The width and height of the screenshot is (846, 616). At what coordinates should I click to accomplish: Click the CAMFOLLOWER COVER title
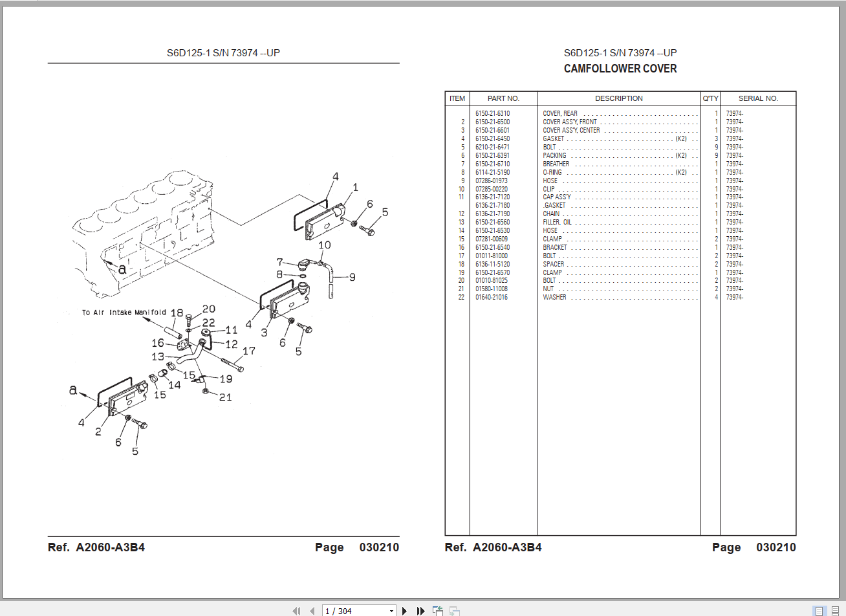[x=620, y=69]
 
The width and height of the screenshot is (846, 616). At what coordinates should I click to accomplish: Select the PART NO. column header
[x=503, y=98]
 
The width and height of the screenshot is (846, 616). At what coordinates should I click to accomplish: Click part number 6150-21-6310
[x=492, y=114]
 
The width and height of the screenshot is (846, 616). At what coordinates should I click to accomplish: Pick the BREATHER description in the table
[x=556, y=164]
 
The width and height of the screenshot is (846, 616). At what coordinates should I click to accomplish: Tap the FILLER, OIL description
[x=557, y=223]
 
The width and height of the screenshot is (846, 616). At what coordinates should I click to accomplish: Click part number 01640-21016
[x=492, y=298]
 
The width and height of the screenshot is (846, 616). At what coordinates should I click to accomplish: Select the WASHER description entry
[x=554, y=298]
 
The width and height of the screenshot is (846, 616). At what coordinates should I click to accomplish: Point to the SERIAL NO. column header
[x=758, y=98]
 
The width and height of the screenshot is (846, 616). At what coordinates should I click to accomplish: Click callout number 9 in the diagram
[x=352, y=277]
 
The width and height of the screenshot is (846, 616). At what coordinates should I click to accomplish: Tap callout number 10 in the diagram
[x=324, y=245]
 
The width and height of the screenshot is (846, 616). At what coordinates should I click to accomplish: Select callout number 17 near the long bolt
[x=249, y=351]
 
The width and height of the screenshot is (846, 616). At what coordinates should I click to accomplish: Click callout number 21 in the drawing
[x=225, y=397]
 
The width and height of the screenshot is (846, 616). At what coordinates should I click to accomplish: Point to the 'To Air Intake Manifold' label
[x=124, y=313]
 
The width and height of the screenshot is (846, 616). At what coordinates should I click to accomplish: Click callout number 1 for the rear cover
[x=355, y=188]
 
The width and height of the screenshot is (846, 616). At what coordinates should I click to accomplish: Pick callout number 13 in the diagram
[x=158, y=357]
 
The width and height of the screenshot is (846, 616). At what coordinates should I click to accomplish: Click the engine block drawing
[x=142, y=226]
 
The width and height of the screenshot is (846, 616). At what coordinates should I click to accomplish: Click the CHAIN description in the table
[x=551, y=214]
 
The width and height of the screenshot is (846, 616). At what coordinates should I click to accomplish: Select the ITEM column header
[x=457, y=98]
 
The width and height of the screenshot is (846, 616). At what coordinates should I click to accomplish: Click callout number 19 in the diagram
[x=226, y=379]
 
